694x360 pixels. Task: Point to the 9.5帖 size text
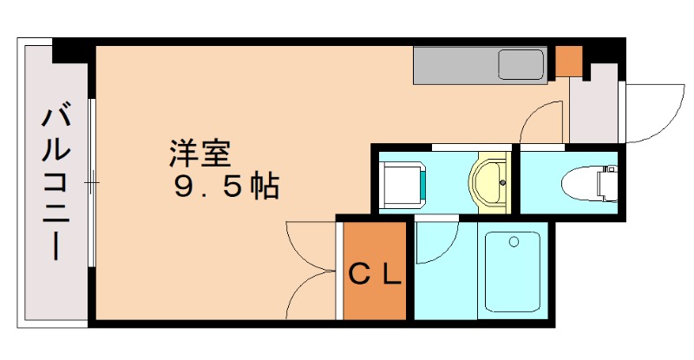pos(226,184)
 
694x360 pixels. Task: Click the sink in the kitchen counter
pos(520,64)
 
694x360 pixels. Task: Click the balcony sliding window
pos(91,183)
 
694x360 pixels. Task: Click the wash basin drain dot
pos(503,181)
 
